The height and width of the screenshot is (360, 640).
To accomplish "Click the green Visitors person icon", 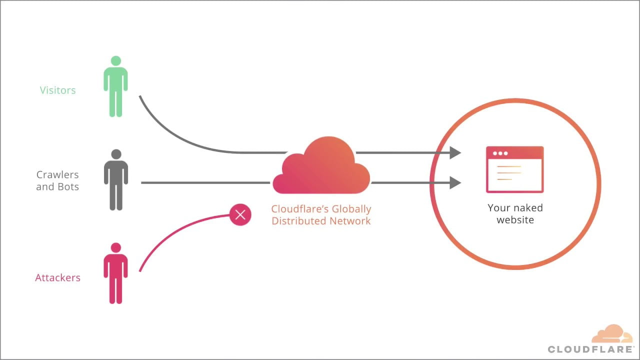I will click(115, 87).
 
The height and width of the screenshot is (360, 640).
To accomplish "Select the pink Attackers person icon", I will click(115, 274).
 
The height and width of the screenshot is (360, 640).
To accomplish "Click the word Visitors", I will click(58, 90).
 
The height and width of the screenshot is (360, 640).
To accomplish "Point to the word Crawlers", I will click(57, 175).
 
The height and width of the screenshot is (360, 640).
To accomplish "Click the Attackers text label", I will click(57, 278).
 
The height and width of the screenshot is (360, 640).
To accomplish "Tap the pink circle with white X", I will click(240, 215).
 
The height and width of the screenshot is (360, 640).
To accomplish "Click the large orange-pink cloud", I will click(321, 167).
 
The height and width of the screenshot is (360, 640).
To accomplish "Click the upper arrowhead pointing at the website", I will click(454, 152).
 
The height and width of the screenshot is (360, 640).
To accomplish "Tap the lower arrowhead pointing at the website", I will click(454, 182).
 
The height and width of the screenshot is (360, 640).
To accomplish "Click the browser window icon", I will click(514, 169).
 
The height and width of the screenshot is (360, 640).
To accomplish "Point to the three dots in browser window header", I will click(500, 153).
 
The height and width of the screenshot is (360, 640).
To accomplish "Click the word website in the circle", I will click(515, 220).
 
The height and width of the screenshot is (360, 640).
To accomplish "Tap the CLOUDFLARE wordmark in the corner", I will click(590, 349).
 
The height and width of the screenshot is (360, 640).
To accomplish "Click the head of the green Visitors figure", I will click(115, 61).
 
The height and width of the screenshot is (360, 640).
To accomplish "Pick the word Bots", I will click(68, 187).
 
